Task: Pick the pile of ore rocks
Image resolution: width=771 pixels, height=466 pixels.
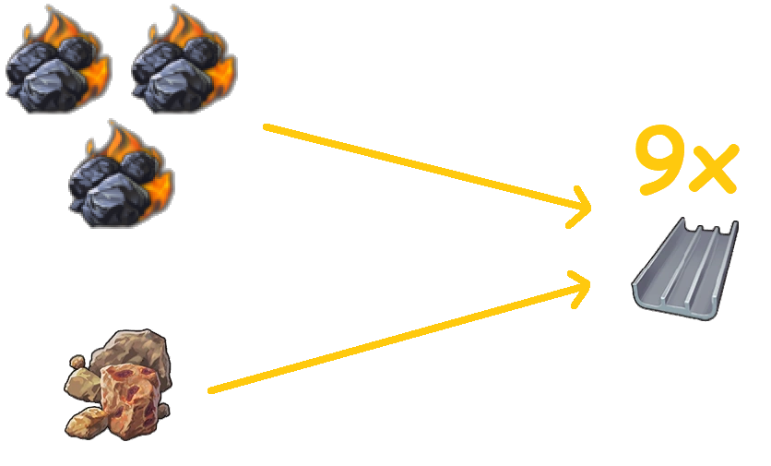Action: tap(118, 383)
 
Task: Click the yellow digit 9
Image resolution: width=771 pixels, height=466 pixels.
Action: tap(663, 162)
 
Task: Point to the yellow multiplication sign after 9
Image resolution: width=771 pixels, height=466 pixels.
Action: tap(715, 169)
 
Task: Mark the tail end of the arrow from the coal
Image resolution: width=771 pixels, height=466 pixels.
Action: tap(266, 126)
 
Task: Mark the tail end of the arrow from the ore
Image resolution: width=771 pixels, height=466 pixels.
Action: tap(211, 391)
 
